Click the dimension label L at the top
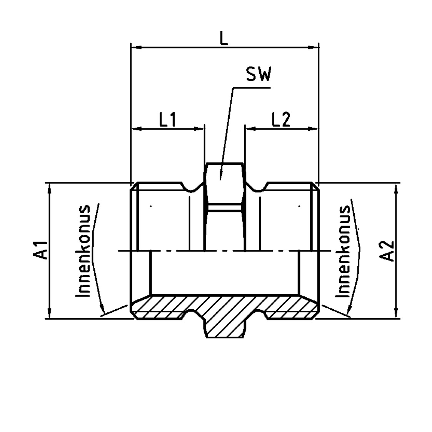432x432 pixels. coord(224,38)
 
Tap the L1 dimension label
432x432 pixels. coord(167,120)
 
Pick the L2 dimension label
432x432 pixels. coord(281,120)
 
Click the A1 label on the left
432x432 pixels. coord(41,250)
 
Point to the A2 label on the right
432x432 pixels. coord(387,251)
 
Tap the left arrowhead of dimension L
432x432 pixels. coord(137,48)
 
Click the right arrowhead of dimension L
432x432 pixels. coord(313,48)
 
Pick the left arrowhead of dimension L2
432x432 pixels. coord(250,128)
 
